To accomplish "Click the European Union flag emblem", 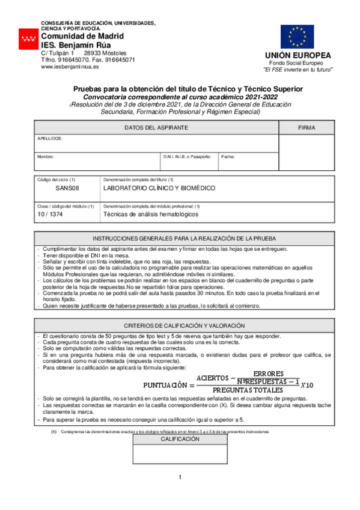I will click(297, 37).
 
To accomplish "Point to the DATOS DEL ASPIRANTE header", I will click(156, 128).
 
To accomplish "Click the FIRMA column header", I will click(307, 128).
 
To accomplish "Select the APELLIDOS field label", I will click(50, 138).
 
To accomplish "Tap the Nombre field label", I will click(46, 156).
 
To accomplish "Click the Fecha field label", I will click(228, 156).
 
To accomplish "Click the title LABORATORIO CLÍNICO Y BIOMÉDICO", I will click(159, 188).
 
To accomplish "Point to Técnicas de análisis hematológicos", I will click(150, 214).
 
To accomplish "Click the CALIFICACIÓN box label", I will click(180, 440).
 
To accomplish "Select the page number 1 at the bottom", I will click(180, 478).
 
